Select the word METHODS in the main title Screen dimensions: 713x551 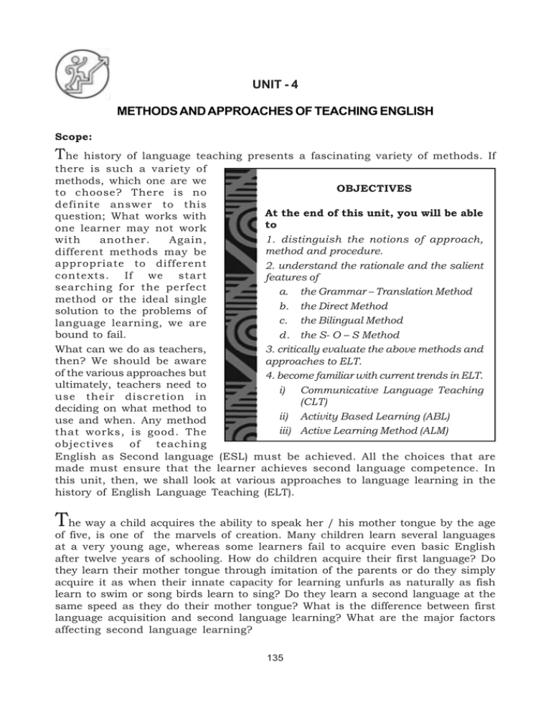pos(141,114)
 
